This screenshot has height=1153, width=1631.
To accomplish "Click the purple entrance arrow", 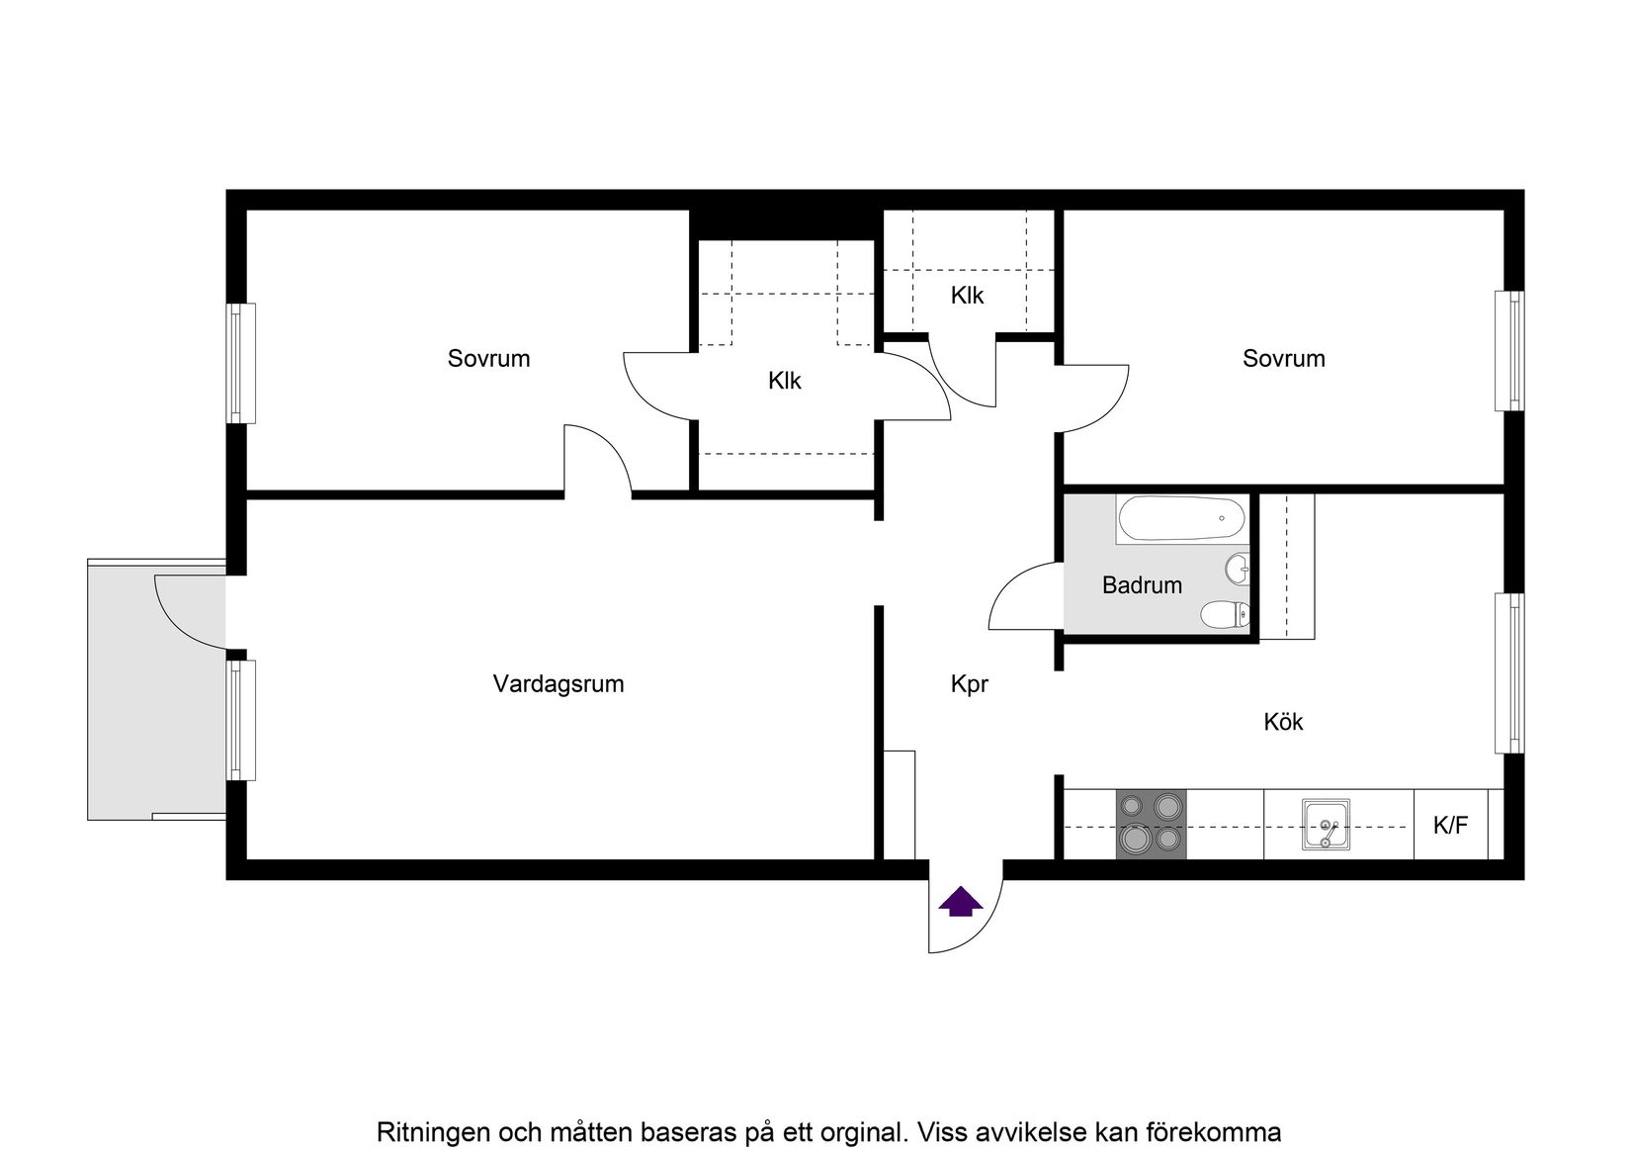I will coord(960,902).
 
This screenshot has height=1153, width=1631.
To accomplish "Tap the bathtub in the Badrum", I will coord(1179,519).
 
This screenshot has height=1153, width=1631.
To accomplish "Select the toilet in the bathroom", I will coord(1224,616).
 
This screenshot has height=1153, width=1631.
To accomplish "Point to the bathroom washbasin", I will coord(1237,569).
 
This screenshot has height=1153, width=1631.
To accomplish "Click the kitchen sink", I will coord(1325,825).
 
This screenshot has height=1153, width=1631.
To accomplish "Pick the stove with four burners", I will coord(1151,823).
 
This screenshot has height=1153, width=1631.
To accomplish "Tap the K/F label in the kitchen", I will coord(1450,825).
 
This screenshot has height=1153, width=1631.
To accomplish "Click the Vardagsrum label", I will coord(558,683).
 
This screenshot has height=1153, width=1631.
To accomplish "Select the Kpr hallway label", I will coord(969,683).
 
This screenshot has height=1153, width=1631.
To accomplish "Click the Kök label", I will coord(1283,722).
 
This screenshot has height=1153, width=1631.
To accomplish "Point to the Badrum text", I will coord(1142,585).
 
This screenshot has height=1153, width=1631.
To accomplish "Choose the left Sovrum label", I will coord(488,358).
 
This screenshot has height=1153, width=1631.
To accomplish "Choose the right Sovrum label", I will coord(1283,358).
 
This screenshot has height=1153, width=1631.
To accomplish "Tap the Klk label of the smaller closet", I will coord(967,295).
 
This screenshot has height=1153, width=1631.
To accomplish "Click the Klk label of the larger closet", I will coord(785,380).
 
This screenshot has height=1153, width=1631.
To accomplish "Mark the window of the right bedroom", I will coord(1509,351).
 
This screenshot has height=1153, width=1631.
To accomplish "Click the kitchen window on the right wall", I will coord(1509,672).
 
